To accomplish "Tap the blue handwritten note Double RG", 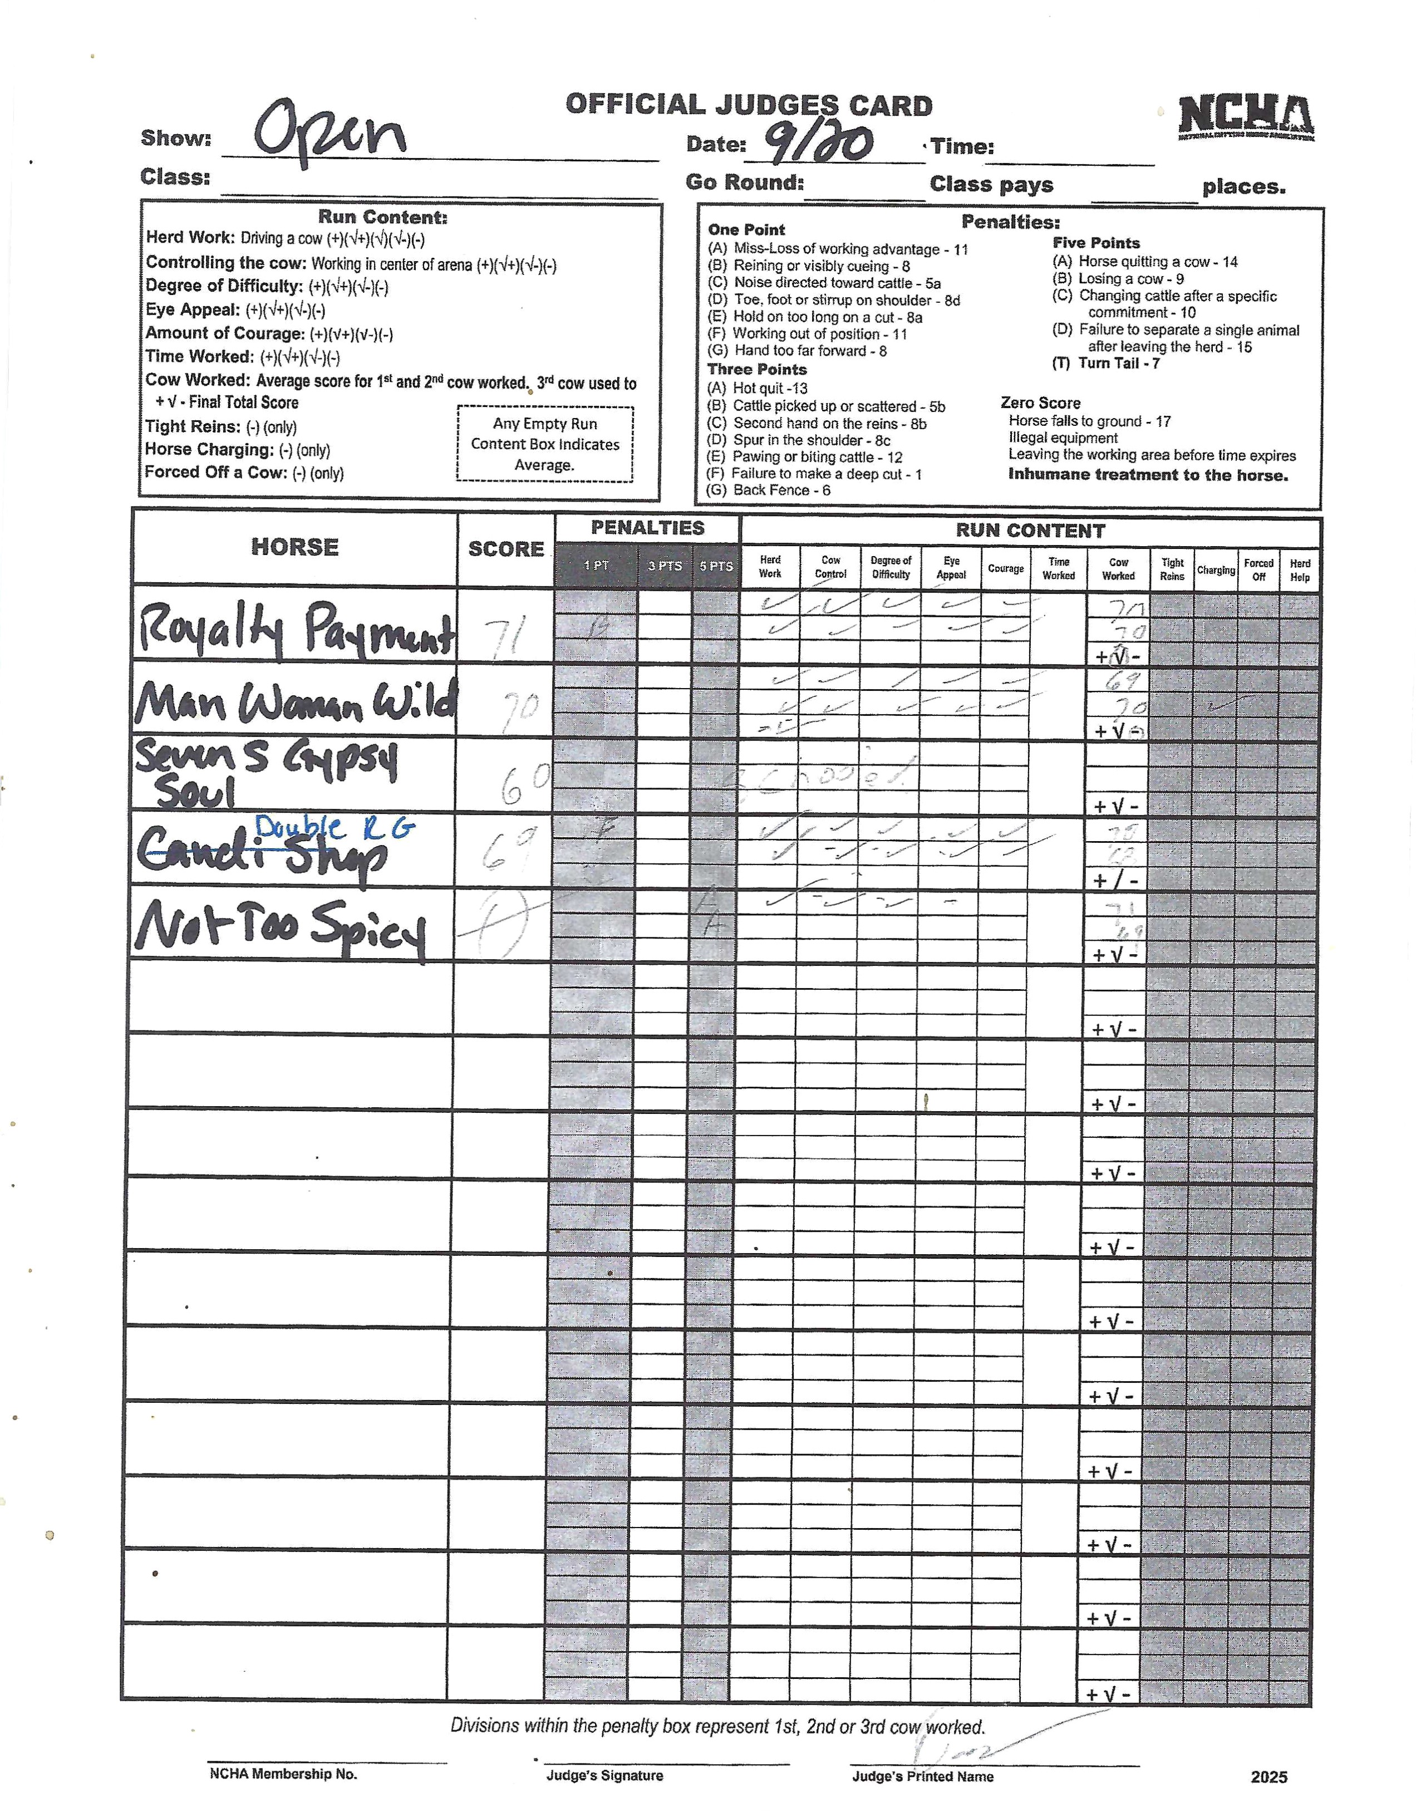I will (x=333, y=827).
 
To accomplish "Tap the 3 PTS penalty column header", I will (x=665, y=566).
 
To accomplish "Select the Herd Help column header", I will (x=1300, y=570).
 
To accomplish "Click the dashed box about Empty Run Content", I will (x=545, y=444).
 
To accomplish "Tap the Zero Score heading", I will (x=1040, y=402).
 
